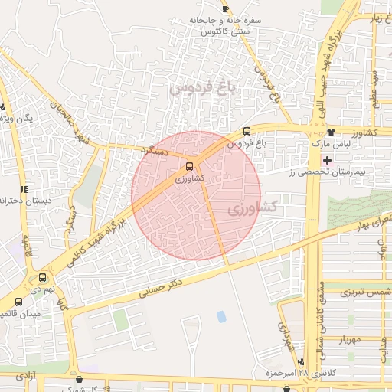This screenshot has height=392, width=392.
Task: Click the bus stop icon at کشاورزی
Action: (x=190, y=165)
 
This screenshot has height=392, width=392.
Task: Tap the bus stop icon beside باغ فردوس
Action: (x=246, y=130)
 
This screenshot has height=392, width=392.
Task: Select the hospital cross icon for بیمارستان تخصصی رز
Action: (x=328, y=160)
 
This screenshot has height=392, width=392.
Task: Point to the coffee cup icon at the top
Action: (x=224, y=8)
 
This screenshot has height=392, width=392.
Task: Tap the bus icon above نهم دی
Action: (x=41, y=278)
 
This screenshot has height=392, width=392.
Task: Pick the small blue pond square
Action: (x=222, y=315)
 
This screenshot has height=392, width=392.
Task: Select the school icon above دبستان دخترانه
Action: (x=24, y=188)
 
